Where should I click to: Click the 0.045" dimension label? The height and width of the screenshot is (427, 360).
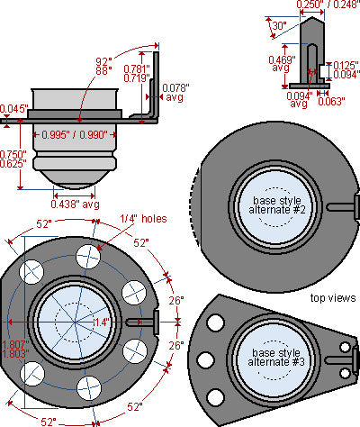14,108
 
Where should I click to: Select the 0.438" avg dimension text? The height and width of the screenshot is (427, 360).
75,204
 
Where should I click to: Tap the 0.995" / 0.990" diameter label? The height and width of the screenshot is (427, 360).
75,135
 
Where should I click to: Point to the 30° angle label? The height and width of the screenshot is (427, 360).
280,26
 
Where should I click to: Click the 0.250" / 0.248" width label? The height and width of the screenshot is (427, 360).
328,5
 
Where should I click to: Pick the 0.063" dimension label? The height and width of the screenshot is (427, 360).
331,102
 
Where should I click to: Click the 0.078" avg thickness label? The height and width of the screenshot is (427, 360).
175,93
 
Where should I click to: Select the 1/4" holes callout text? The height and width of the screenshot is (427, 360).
143,219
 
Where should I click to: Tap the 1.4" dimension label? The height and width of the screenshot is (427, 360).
102,323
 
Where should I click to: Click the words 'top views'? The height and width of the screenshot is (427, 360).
333,298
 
